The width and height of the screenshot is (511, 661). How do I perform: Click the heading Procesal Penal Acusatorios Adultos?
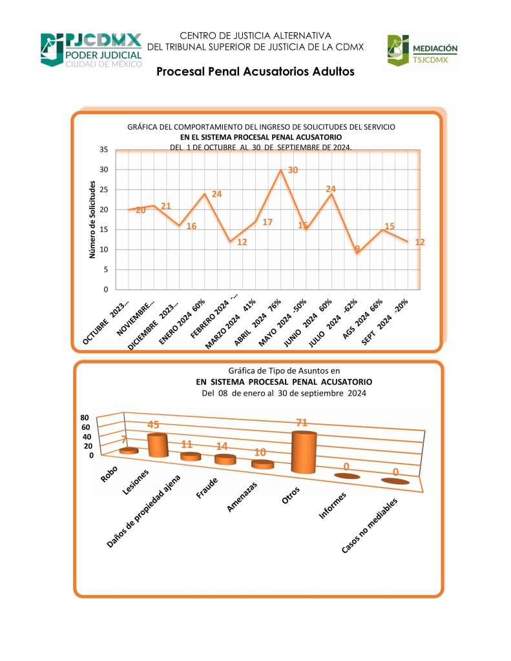pyautogui.click(x=255, y=72)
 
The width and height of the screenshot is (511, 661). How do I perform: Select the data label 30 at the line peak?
pyautogui.click(x=293, y=170)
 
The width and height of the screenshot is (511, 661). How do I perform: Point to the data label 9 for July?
pyautogui.click(x=357, y=248)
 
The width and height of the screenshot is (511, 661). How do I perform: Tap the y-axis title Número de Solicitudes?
pyautogui.click(x=92, y=220)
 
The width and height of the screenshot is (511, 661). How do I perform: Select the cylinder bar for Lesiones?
pyautogui.click(x=157, y=445)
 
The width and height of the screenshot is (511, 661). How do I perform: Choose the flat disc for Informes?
pyautogui.click(x=347, y=476)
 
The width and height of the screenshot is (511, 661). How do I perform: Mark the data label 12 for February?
pyautogui.click(x=242, y=243)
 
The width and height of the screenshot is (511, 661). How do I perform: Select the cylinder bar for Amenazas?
pyautogui.click(x=263, y=464)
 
